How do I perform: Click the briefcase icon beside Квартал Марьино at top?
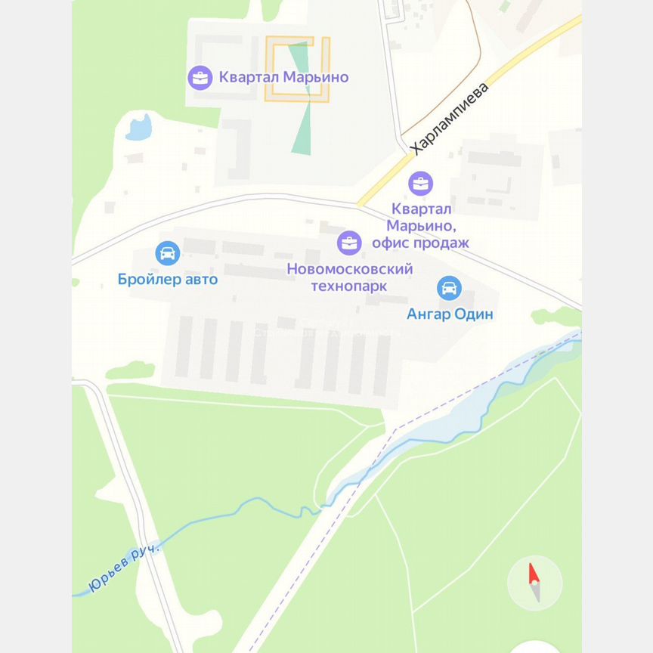tap(200, 77)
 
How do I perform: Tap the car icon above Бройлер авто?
tap(167, 253)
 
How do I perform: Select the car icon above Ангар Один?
tap(449, 287)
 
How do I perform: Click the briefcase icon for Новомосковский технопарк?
tap(349, 243)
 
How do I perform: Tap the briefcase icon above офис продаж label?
tap(420, 183)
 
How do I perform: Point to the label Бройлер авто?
tap(168, 280)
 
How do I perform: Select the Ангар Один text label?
tap(450, 314)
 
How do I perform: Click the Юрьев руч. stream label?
tap(125, 568)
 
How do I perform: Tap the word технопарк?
tap(349, 286)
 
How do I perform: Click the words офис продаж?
tap(420, 243)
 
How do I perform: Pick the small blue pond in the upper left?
tap(139, 128)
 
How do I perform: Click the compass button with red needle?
tap(534, 582)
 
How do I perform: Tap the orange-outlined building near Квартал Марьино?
tap(297, 69)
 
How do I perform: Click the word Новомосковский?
tap(349, 269)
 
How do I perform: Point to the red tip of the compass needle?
tap(532, 572)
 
